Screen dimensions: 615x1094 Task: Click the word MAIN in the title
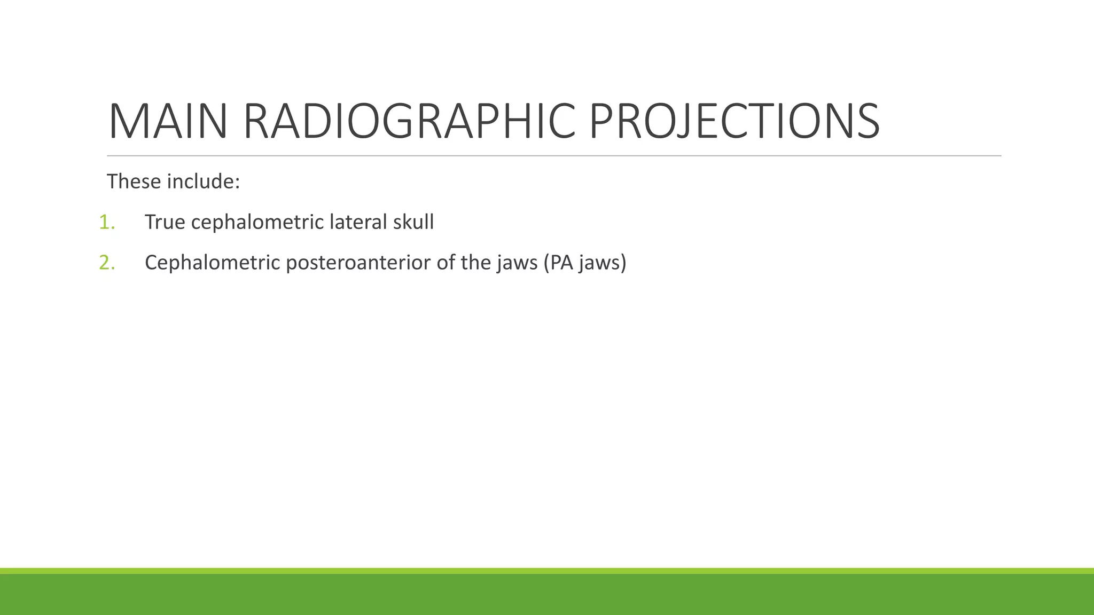168,122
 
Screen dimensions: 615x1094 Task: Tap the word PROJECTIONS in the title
734,122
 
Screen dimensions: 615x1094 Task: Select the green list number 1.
106,222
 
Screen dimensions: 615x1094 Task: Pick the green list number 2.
106,263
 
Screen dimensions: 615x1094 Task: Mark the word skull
413,222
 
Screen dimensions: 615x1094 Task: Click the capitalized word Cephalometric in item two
212,263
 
